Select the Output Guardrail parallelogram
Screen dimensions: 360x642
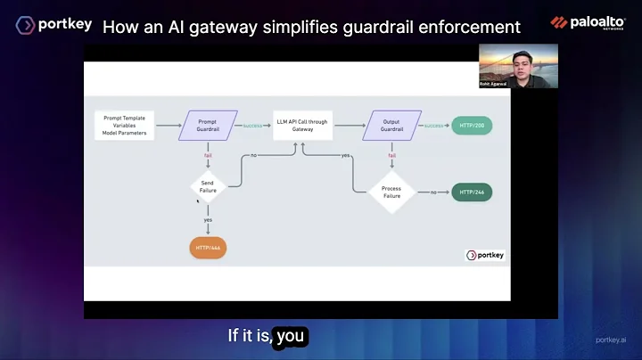tap(392, 126)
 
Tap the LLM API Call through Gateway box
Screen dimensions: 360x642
tap(302, 126)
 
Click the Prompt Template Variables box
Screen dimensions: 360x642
tap(125, 126)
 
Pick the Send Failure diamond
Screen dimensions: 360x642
tap(208, 186)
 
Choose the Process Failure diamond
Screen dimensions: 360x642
tap(391, 192)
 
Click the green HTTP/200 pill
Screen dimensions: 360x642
tap(472, 126)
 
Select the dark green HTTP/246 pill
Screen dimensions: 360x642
tap(472, 192)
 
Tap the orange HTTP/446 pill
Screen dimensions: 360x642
tap(208, 247)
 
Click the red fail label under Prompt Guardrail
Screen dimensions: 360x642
tap(208, 154)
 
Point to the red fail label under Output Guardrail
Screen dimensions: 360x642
tap(391, 155)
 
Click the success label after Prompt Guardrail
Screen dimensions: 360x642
tap(252, 126)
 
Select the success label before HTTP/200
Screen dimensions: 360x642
tap(434, 126)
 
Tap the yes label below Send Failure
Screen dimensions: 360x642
tap(208, 219)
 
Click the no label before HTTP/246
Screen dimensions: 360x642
tap(433, 192)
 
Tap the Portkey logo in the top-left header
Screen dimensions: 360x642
tap(53, 24)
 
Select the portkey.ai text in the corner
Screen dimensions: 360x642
tap(612, 340)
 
